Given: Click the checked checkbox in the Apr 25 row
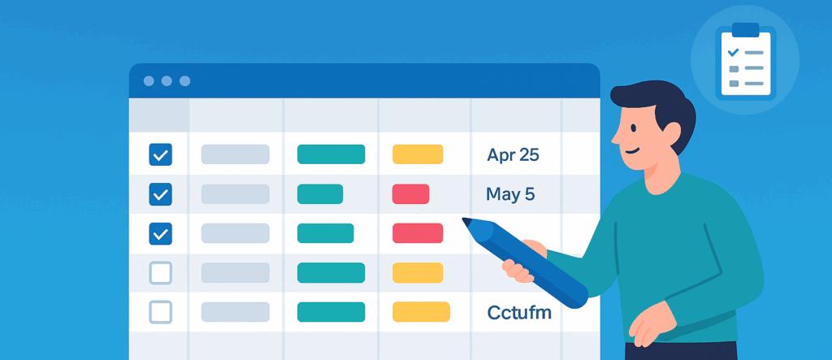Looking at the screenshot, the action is tap(160, 154).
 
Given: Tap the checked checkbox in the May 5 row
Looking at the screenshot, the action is tap(160, 194).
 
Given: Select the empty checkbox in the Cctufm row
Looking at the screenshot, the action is tap(160, 312).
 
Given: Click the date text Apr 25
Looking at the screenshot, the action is tap(513, 155).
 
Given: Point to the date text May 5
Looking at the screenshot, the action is tap(510, 194).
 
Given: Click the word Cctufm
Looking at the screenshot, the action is tap(519, 312).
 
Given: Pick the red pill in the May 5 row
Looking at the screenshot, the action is tap(410, 193).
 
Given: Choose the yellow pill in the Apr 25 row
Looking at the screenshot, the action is tap(418, 154).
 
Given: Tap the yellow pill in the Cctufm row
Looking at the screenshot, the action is tap(422, 312).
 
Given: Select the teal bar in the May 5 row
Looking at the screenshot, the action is tap(320, 193).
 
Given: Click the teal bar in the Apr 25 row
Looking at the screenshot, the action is tap(331, 154).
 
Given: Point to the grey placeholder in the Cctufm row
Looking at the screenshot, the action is tap(235, 312).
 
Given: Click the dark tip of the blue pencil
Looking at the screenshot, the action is tap(466, 221).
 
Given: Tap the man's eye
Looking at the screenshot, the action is tap(633, 128).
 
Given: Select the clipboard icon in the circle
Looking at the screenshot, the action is tap(746, 61).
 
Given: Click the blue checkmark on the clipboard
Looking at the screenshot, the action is tap(734, 52).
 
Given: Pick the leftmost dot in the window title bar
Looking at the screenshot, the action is tap(149, 80).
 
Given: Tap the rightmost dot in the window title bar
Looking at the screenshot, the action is tap(184, 80).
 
